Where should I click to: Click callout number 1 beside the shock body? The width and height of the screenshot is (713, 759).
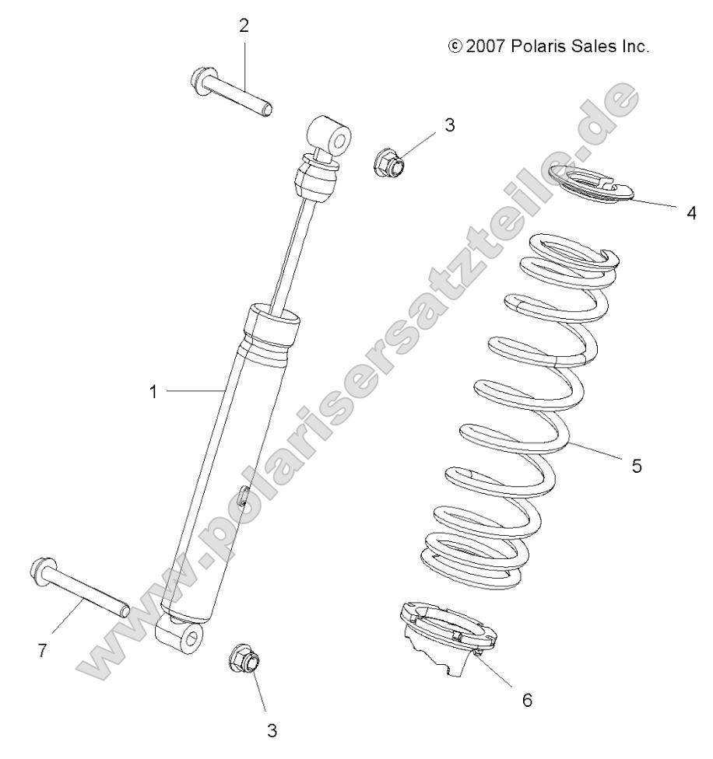pos(153,392)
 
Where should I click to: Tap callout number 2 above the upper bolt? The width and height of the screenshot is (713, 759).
pos(244,26)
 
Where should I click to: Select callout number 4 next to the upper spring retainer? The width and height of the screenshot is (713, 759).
pos(691,212)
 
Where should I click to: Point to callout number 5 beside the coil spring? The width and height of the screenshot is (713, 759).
pos(636,467)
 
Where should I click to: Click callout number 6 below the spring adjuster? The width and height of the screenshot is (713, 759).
pos(527,700)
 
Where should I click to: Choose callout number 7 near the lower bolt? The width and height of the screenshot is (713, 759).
pos(43,650)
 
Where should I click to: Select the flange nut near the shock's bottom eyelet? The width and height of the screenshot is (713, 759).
pos(245,659)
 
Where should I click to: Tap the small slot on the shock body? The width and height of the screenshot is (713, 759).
pos(244,495)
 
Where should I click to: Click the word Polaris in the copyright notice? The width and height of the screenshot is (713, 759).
pos(541,47)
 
